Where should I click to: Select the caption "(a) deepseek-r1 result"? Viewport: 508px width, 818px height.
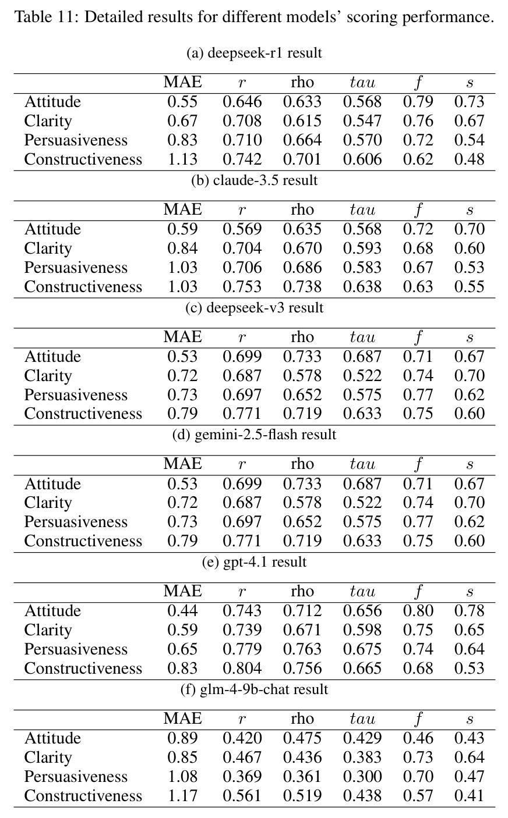tap(254, 53)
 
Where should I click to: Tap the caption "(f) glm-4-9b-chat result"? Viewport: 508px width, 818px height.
tap(254, 689)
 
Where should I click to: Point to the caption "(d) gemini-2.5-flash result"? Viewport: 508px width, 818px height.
tap(254, 435)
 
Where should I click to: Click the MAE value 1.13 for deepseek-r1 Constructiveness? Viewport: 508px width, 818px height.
tap(182, 159)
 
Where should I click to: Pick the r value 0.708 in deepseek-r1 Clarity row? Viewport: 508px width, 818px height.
tap(242, 121)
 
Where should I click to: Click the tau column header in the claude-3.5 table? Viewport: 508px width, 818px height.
tap(362, 209)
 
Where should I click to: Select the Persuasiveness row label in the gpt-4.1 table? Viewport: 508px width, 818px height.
tap(76, 649)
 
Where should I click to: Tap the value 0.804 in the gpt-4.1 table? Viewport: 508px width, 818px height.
tap(242, 668)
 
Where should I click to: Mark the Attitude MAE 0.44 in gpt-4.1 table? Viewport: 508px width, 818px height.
tap(182, 611)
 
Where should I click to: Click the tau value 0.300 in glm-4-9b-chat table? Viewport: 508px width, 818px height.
tap(362, 776)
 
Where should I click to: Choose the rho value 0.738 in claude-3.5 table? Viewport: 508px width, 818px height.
tap(302, 287)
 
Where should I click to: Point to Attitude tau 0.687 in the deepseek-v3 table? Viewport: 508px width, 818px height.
tap(362, 357)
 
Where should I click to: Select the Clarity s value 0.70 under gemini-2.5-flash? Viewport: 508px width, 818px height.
tap(469, 503)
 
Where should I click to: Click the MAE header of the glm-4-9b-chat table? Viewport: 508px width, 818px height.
tap(182, 719)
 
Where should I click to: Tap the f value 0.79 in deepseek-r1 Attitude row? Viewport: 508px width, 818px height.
tap(418, 102)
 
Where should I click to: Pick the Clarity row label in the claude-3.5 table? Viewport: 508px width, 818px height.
tap(48, 248)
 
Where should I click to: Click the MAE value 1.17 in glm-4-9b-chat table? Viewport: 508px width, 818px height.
tap(182, 796)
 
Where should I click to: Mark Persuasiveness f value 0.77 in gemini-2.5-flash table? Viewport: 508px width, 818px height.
tap(418, 522)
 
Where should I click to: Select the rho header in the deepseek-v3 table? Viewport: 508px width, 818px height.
tap(302, 337)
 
